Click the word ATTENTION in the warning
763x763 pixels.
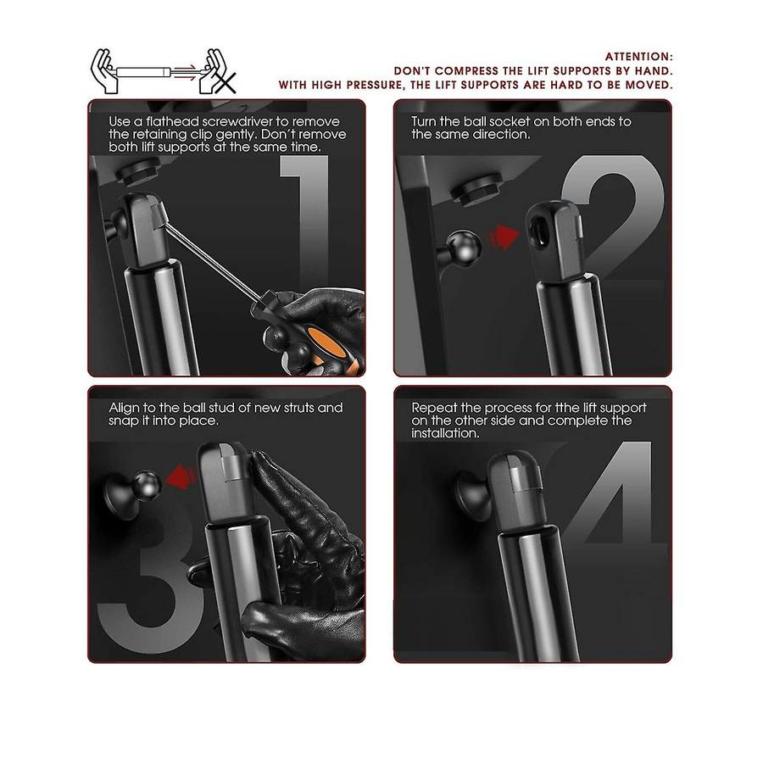pyautogui.click(x=637, y=57)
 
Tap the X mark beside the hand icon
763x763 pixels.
pyautogui.click(x=226, y=82)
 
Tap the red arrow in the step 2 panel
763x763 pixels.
pyautogui.click(x=504, y=238)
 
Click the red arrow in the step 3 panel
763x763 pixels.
pyautogui.click(x=181, y=476)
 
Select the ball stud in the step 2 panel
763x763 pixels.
pyautogui.click(x=462, y=246)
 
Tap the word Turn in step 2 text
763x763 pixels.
pyautogui.click(x=423, y=121)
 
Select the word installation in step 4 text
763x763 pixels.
pyautogui.click(x=445, y=433)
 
